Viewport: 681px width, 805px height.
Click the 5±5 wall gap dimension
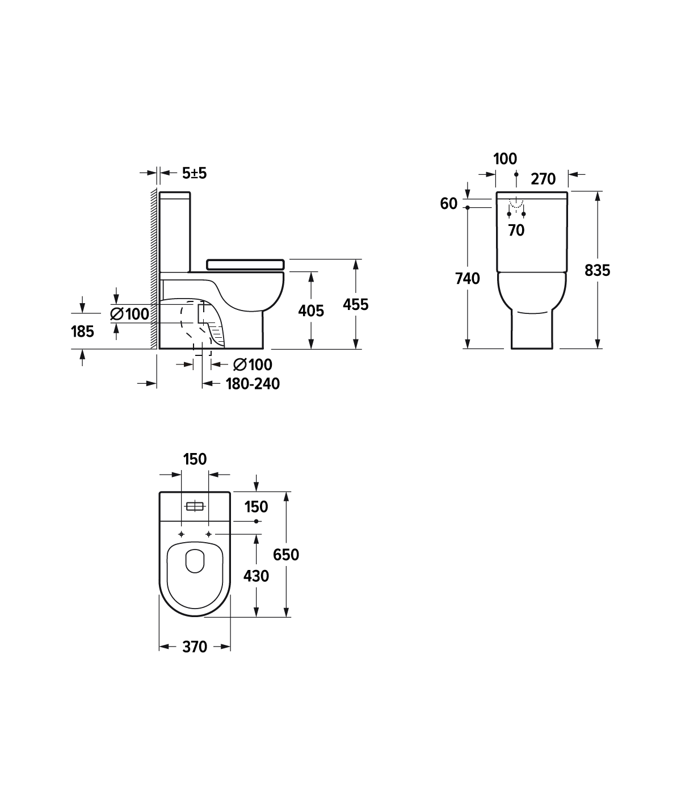tap(194, 173)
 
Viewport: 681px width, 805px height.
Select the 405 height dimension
tap(311, 311)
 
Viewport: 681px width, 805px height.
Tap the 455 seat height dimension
tap(355, 304)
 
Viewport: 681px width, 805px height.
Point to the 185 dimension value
tap(82, 332)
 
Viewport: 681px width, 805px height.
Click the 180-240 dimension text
tap(253, 384)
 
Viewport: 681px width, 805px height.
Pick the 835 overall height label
tap(597, 270)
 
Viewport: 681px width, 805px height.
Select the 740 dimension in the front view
tap(468, 279)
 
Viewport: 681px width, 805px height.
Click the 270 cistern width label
tap(543, 179)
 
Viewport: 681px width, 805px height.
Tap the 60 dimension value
tap(448, 204)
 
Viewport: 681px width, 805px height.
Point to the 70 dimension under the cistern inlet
tap(516, 230)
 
